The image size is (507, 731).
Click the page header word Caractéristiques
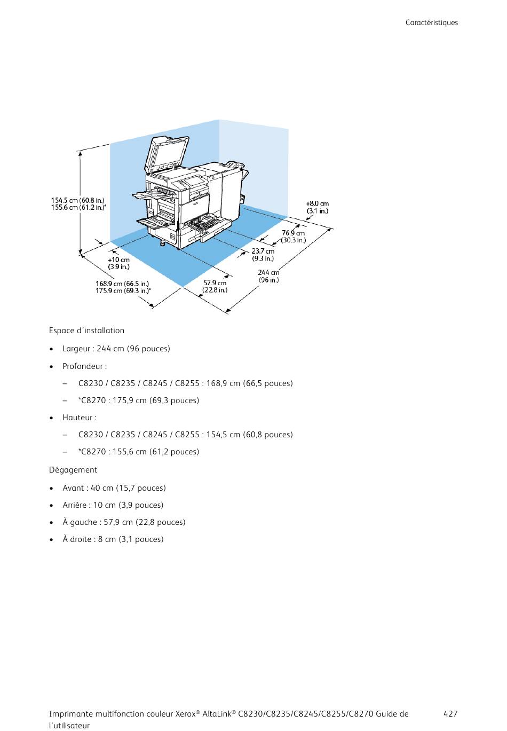[431, 23]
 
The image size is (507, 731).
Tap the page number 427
[450, 714]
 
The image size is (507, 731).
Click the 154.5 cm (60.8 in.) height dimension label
[77, 201]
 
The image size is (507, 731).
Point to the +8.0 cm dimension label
[317, 203]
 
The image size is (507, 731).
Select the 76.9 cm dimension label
[293, 233]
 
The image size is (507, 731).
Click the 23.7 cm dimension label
[263, 251]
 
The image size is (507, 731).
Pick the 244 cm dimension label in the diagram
[268, 272]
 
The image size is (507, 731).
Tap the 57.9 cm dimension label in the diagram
[215, 283]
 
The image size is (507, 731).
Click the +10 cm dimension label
[118, 260]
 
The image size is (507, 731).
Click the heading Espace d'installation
[86, 331]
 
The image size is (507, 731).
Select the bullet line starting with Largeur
[116, 349]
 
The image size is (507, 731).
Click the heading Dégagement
[73, 470]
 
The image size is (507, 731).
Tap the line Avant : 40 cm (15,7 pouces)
[114, 488]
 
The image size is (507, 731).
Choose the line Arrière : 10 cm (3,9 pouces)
[113, 505]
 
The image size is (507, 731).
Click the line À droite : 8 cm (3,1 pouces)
[113, 539]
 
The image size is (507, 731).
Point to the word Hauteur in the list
[78, 418]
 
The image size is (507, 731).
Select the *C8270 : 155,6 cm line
[139, 452]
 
